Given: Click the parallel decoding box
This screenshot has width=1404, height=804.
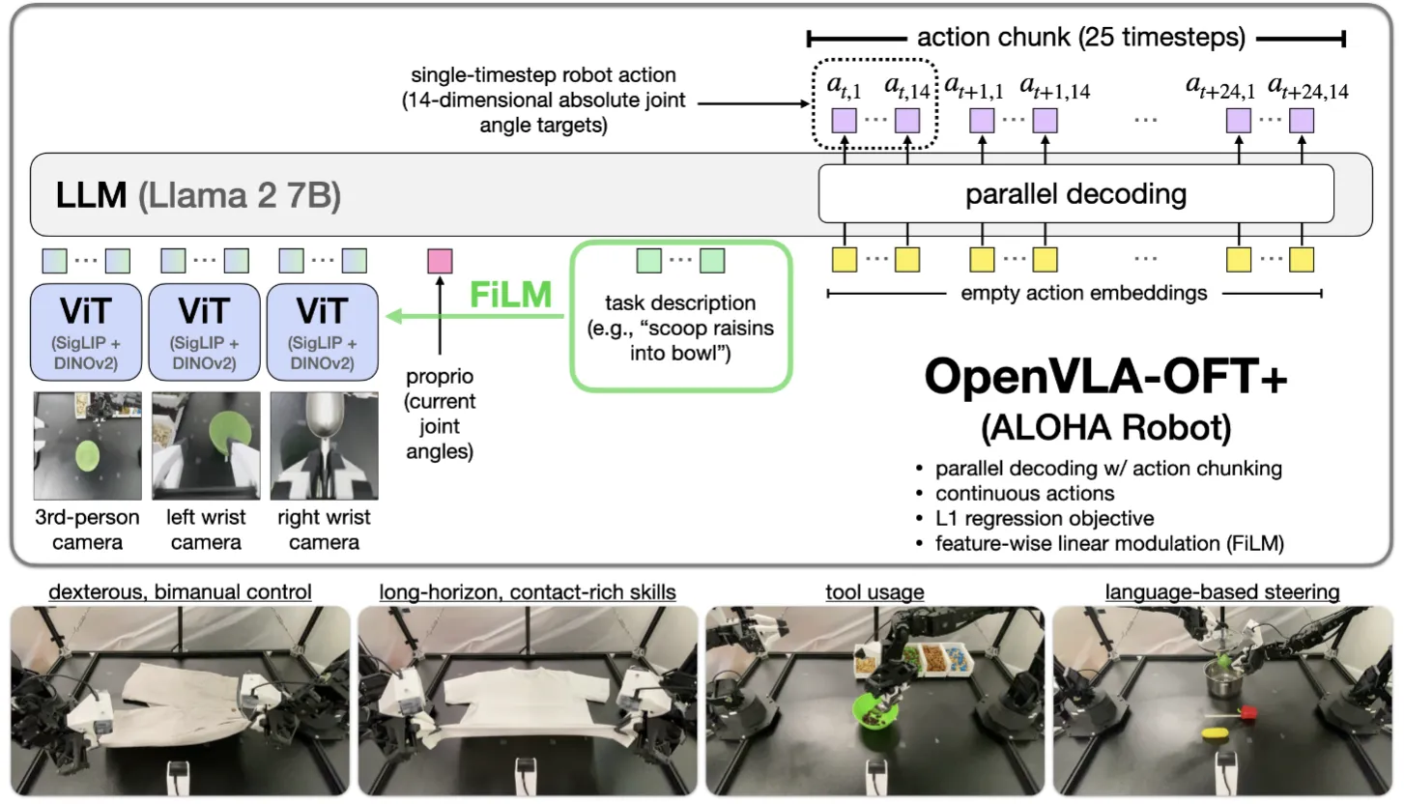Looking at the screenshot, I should (1075, 194).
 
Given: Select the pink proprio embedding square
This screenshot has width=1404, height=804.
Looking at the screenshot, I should (440, 260).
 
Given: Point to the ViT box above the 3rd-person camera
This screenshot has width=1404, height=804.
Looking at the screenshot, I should (87, 332).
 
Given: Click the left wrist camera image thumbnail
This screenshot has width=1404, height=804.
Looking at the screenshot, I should (204, 445).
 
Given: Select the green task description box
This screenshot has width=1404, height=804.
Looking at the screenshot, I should (681, 314).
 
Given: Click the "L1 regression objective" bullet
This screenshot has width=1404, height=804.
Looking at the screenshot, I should (1045, 519).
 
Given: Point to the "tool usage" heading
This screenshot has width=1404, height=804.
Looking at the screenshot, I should (875, 590).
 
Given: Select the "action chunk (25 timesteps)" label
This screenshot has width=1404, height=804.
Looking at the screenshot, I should (1080, 39).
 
